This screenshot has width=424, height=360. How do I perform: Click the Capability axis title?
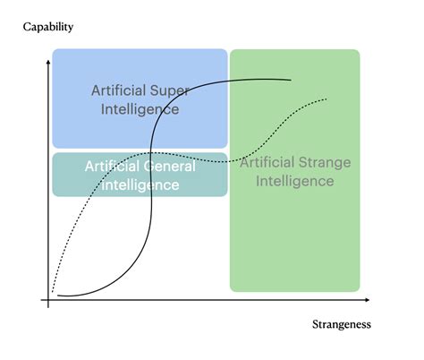48,27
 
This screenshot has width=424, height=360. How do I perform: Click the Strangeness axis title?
342,324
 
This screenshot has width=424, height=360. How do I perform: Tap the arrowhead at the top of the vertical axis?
48,62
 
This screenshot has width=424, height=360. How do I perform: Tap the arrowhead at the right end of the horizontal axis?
368,300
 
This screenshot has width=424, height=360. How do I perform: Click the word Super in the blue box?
169,90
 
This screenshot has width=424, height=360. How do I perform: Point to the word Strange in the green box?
325,162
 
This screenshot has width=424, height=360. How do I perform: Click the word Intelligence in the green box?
295,181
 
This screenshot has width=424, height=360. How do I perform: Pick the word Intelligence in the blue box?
140,109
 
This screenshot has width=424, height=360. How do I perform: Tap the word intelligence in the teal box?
140,184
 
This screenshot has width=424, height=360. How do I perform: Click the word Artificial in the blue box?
119,90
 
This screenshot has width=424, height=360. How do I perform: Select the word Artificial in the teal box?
113,167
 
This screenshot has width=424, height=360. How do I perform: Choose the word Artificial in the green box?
267,162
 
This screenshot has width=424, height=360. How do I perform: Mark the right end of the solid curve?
291,80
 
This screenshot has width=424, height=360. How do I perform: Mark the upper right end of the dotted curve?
326,99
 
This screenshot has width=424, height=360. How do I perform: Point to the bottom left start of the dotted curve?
53,292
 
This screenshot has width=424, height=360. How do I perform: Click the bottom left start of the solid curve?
57,296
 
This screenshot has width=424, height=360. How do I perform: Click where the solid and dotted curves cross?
151,153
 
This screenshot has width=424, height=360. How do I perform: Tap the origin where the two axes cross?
48,300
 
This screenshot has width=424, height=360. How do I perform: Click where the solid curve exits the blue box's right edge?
227,81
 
